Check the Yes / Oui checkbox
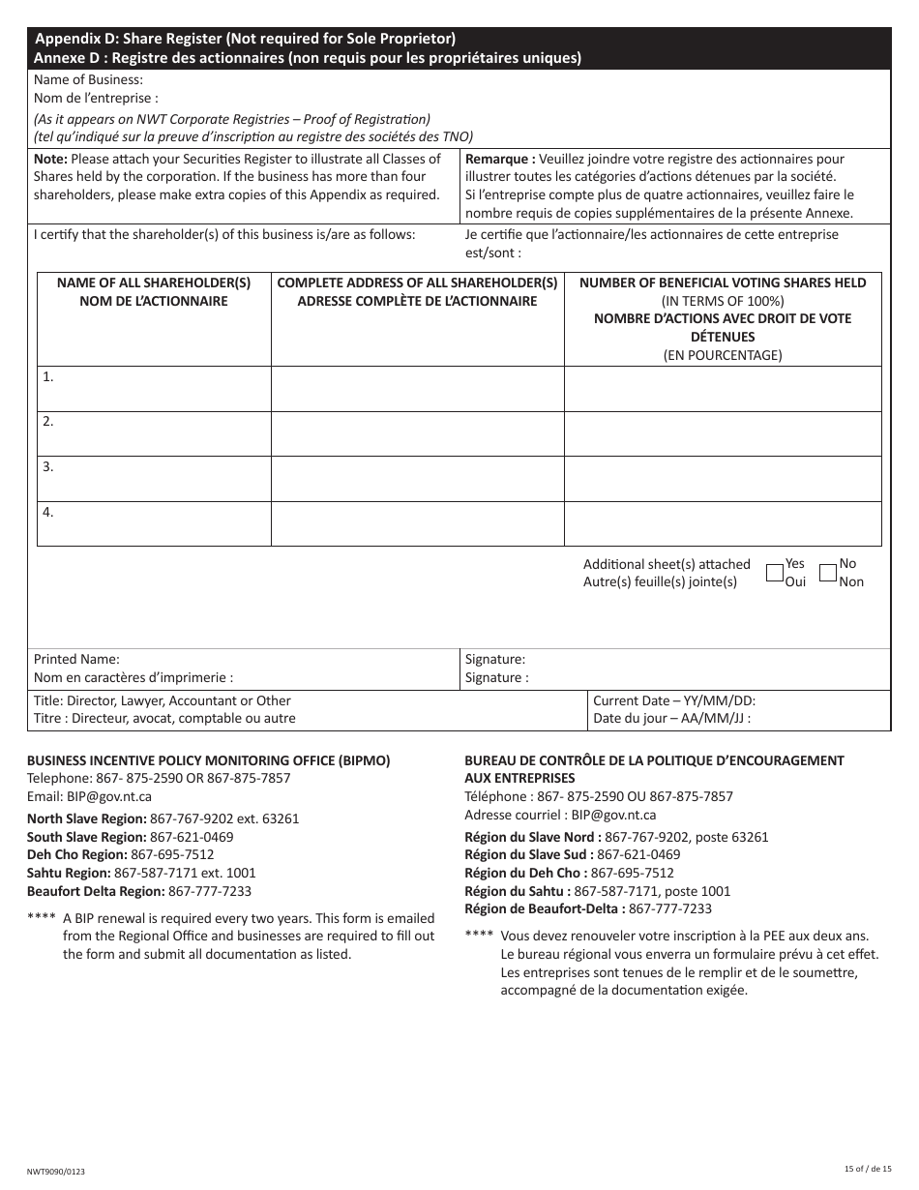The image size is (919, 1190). click(774, 573)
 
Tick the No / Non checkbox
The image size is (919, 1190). click(827, 573)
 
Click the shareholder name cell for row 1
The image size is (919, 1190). click(154, 388)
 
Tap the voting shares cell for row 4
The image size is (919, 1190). click(722, 523)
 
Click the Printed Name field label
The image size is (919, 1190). click(77, 659)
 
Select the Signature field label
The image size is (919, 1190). click(494, 659)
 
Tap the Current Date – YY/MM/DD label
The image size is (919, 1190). click(674, 700)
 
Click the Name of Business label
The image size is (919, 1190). click(88, 80)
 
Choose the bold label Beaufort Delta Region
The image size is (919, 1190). click(95, 891)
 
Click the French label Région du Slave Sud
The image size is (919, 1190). click(528, 854)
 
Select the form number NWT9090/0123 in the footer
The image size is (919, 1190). click(56, 1171)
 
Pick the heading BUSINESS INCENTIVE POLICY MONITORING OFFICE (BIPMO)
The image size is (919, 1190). click(208, 760)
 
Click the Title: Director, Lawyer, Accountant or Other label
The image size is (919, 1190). click(163, 700)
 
